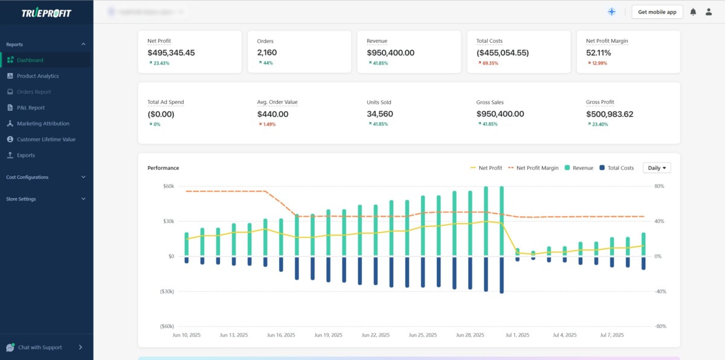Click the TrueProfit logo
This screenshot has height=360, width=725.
(x=46, y=13)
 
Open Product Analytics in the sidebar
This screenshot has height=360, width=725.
(x=37, y=76)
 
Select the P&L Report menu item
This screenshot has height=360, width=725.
(x=30, y=108)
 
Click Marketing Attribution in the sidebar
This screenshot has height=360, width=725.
(x=42, y=123)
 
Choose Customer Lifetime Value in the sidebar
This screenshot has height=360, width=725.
(x=46, y=140)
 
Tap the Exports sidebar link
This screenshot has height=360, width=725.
(x=25, y=155)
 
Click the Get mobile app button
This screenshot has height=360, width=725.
(x=657, y=12)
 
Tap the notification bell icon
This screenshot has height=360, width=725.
(x=693, y=12)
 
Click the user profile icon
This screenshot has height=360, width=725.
(x=709, y=12)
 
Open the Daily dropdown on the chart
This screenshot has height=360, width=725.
(x=657, y=168)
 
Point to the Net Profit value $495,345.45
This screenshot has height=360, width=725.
(x=171, y=53)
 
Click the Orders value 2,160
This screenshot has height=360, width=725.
(x=267, y=53)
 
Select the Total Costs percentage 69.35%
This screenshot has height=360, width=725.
(x=490, y=63)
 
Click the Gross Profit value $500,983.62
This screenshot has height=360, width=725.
(x=610, y=114)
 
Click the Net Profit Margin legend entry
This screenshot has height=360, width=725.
(x=533, y=168)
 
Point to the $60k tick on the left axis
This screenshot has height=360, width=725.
(x=168, y=186)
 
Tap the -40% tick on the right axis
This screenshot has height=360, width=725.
(x=660, y=291)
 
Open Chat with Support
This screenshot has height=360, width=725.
(x=40, y=347)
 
